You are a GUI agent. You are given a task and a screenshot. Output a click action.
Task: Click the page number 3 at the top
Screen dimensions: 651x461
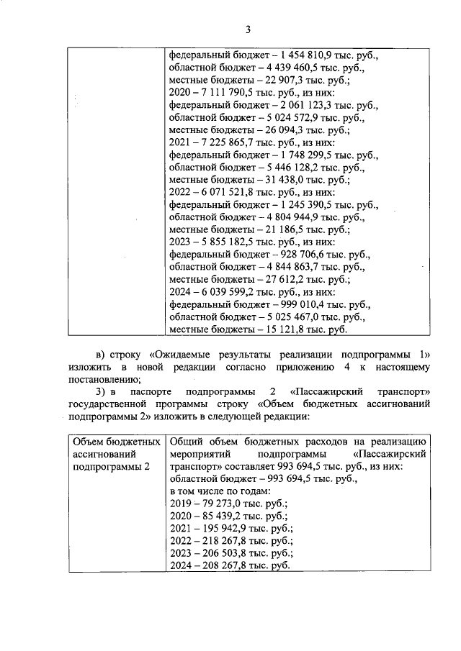click(x=248, y=29)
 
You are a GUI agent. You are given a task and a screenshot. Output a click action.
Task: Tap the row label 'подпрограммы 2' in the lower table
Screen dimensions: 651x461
click(x=111, y=466)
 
